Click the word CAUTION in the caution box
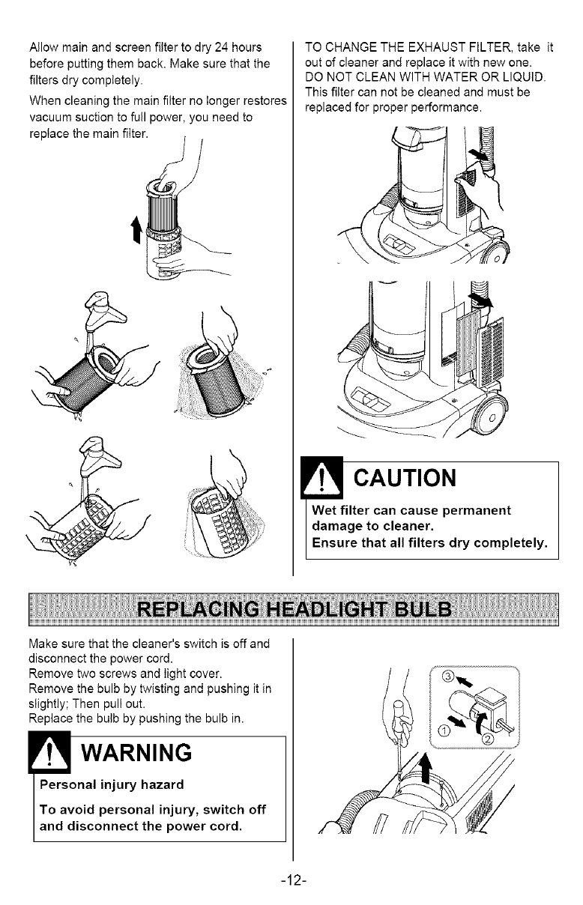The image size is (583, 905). (x=405, y=478)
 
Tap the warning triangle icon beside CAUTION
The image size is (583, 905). (x=321, y=477)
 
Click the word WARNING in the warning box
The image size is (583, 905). (x=136, y=752)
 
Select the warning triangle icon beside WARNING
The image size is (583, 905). (x=49, y=752)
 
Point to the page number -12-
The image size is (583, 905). (x=294, y=880)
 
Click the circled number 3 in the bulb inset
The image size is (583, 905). (x=447, y=677)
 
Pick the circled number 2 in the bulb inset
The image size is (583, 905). (x=488, y=739)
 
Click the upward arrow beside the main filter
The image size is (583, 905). (x=136, y=229)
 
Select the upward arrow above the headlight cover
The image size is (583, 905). (x=424, y=769)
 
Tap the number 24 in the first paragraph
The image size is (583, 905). (x=221, y=48)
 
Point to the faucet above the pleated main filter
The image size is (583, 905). (x=103, y=312)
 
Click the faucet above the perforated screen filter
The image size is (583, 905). (x=100, y=456)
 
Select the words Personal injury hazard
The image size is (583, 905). (x=112, y=785)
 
